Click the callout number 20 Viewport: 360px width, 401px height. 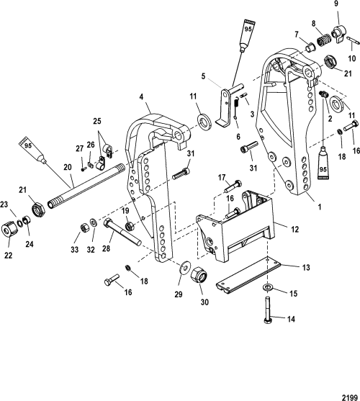point(68,168)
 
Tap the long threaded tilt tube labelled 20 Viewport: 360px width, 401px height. point(86,187)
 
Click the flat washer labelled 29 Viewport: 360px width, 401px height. point(184,268)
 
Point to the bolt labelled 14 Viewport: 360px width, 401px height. point(267,310)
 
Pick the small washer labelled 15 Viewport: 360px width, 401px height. point(267,287)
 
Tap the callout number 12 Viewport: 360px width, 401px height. point(295,230)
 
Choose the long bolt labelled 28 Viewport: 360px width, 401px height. point(122,232)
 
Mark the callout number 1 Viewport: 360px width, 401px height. point(319,207)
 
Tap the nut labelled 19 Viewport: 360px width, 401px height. point(130,225)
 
